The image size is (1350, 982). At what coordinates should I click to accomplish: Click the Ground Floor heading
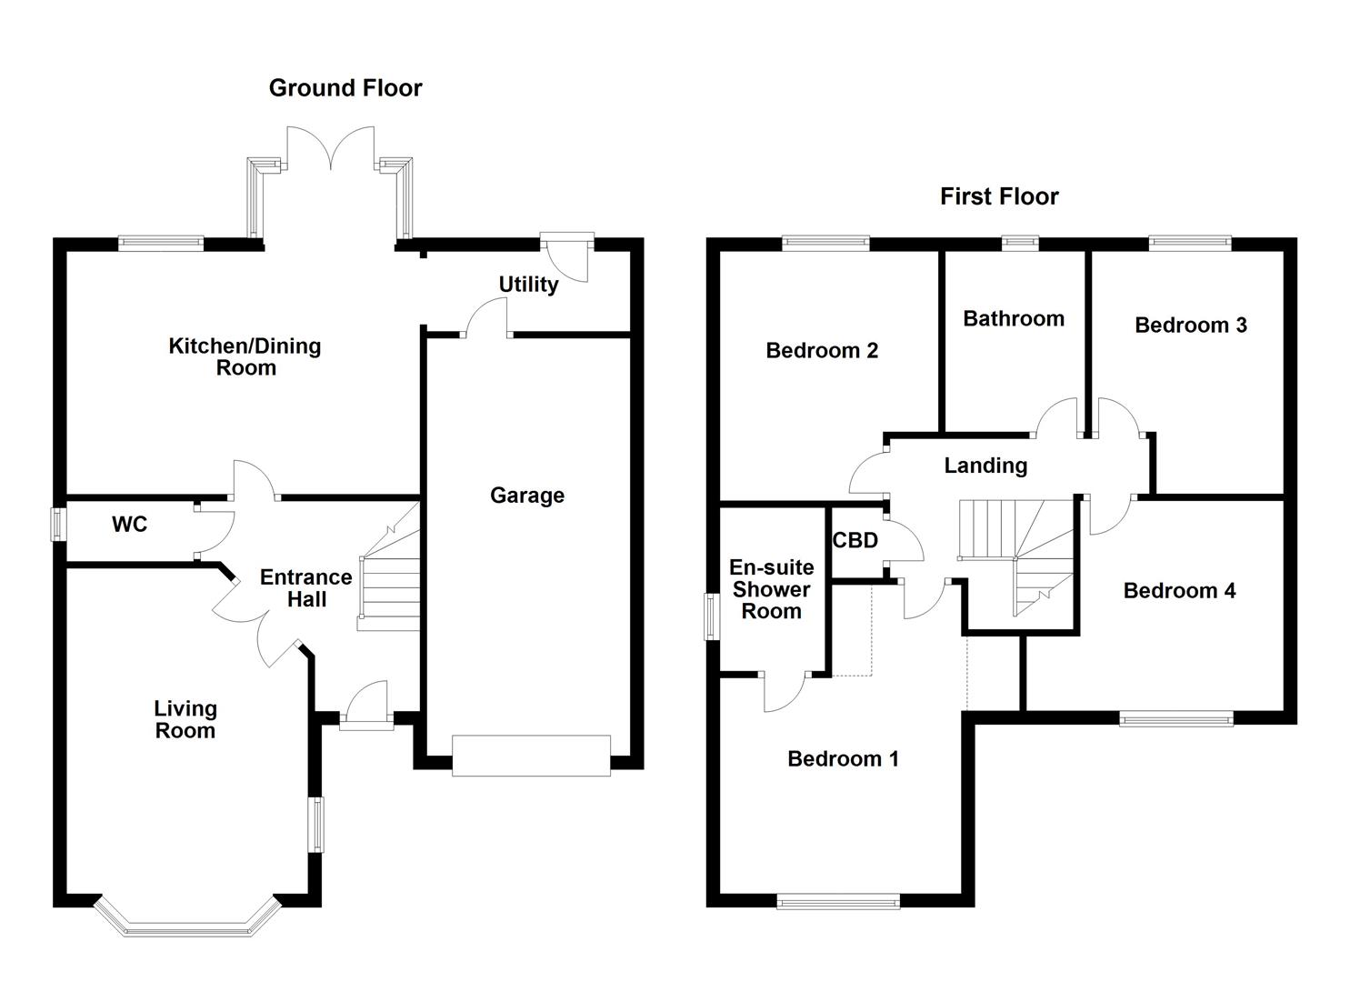click(345, 88)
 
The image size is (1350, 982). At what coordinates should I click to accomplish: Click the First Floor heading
click(999, 196)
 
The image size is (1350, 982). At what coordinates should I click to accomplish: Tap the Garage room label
click(527, 496)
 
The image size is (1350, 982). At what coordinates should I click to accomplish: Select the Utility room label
click(528, 285)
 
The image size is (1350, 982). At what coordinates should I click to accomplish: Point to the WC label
click(129, 525)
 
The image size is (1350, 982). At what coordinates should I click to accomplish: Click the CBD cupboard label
click(855, 541)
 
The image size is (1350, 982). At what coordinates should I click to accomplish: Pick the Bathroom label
click(1014, 318)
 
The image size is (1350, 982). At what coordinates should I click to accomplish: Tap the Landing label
click(985, 466)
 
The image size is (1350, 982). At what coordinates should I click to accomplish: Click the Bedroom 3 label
click(1190, 326)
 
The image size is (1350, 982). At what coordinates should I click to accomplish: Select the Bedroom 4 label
click(1179, 591)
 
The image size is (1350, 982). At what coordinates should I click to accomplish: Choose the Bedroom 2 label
click(822, 351)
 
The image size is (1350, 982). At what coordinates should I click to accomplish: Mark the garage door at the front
click(531, 756)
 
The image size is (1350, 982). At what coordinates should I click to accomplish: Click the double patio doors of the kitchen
click(332, 150)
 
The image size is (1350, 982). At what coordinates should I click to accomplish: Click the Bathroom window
click(1020, 243)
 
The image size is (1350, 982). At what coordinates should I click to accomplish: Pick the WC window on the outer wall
click(58, 525)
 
